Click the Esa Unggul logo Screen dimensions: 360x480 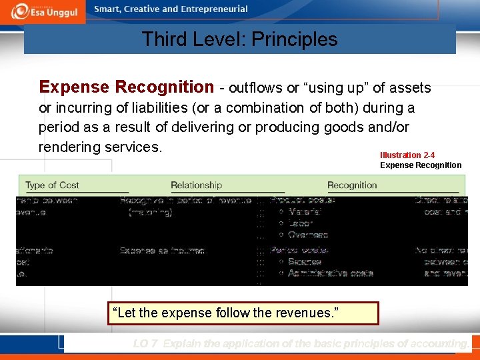point(43,11)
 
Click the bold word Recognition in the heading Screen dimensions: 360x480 point(164,87)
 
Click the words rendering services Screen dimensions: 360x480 point(100,146)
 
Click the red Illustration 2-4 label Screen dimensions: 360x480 point(407,155)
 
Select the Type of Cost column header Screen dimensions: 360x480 point(52,185)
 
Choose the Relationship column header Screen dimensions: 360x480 point(196,185)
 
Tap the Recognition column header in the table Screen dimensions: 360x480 point(352,185)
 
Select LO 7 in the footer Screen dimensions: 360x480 point(145,344)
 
